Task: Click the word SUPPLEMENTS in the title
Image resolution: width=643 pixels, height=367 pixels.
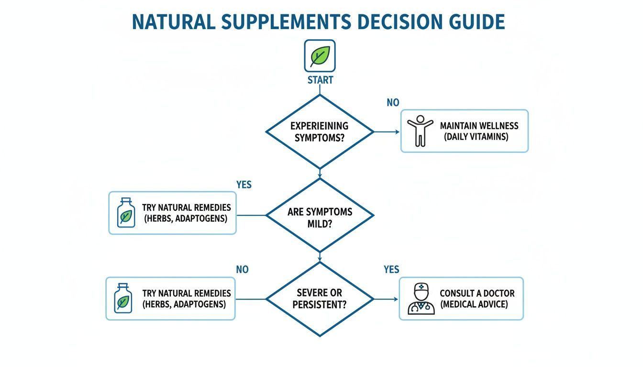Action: tap(286, 22)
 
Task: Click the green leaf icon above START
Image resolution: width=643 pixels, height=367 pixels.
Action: tap(320, 56)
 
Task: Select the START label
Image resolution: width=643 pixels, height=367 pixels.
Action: tap(321, 80)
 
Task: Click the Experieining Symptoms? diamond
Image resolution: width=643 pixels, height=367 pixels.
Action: tap(320, 132)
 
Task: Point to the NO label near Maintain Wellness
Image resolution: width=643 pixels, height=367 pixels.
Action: tap(393, 103)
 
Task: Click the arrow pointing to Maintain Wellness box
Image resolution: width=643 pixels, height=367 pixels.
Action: tap(387, 132)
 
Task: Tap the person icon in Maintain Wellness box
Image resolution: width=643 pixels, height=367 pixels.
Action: tap(420, 131)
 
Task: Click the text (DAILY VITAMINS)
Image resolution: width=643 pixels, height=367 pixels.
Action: tap(476, 137)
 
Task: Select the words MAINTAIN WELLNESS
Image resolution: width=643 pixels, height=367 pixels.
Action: tap(479, 126)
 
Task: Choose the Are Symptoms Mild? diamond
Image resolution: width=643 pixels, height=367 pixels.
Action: tap(320, 216)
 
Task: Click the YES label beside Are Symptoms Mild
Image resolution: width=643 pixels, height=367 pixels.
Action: tap(244, 184)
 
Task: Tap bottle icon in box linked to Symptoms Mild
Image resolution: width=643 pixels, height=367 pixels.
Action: tap(126, 213)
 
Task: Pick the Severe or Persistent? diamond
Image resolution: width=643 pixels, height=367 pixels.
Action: tap(320, 299)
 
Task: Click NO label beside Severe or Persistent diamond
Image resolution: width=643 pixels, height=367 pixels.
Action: tap(242, 270)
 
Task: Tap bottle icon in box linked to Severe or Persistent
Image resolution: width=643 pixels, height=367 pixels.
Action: tap(123, 298)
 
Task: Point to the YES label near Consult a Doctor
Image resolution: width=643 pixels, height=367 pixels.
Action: tap(391, 270)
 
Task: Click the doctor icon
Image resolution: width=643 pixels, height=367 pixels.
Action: tap(421, 299)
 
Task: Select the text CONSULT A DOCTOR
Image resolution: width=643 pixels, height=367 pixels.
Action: tap(477, 293)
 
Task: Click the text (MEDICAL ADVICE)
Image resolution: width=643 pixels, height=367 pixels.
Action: tap(474, 304)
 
